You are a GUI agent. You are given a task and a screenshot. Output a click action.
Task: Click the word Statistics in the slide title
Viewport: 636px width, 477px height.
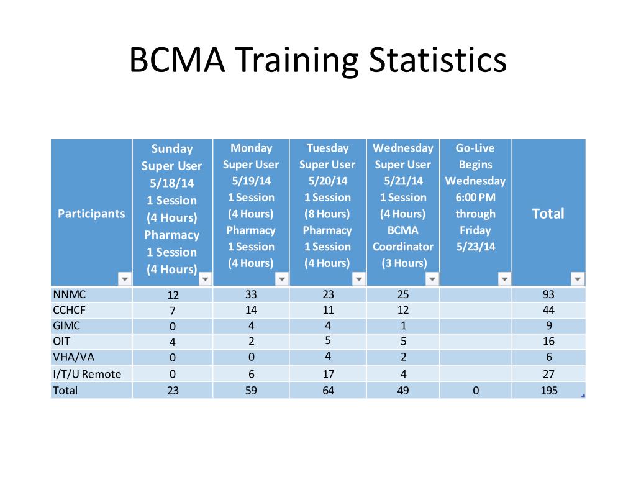[437, 61]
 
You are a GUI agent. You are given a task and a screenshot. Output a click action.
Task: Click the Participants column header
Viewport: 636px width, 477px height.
[91, 214]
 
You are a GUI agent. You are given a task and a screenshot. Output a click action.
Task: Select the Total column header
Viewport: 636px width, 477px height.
[548, 214]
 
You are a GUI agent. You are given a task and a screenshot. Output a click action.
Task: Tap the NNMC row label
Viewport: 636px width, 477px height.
[65, 294]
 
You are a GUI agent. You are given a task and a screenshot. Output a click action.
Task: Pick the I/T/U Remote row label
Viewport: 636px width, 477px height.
[87, 374]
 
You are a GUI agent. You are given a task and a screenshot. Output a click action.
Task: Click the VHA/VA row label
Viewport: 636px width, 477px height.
[70, 357]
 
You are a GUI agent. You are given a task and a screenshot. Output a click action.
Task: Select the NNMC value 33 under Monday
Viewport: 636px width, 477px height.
[251, 294]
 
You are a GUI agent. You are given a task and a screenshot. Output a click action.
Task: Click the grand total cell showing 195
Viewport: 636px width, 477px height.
[548, 391]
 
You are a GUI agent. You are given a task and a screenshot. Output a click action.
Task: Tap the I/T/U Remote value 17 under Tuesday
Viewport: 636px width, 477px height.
[327, 374]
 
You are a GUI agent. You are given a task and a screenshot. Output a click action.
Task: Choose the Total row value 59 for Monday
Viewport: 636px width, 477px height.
[251, 391]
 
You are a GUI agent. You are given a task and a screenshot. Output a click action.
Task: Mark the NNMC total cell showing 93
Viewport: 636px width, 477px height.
[548, 294]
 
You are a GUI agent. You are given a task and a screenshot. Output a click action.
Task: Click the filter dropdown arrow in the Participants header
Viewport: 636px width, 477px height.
[124, 279]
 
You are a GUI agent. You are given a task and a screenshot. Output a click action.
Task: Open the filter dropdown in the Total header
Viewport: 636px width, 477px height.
[578, 279]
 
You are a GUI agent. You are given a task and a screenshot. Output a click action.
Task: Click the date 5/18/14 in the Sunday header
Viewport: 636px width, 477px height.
[172, 183]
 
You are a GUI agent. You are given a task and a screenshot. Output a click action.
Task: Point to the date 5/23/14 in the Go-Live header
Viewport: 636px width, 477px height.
[475, 247]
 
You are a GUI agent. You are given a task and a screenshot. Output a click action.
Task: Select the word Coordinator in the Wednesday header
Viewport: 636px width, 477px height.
[403, 247]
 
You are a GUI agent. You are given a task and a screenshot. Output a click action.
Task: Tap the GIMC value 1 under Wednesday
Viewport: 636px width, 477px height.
[403, 325]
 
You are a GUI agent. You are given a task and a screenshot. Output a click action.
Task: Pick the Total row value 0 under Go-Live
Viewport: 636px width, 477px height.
[475, 391]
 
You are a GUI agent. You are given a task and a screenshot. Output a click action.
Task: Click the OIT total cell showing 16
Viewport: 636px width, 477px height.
[548, 342]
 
